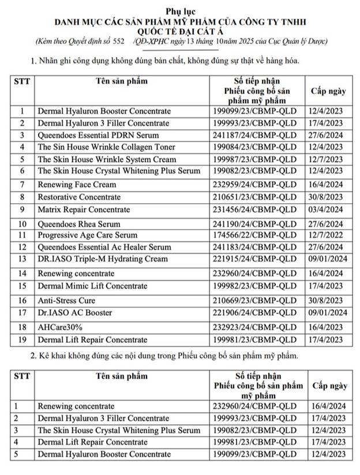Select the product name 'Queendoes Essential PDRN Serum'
click(x=91, y=135)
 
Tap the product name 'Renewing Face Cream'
click(x=77, y=185)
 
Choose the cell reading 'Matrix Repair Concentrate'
click(x=84, y=210)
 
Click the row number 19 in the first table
click(x=22, y=339)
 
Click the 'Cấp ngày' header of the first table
click(x=328, y=91)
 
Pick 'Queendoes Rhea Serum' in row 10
click(x=79, y=224)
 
